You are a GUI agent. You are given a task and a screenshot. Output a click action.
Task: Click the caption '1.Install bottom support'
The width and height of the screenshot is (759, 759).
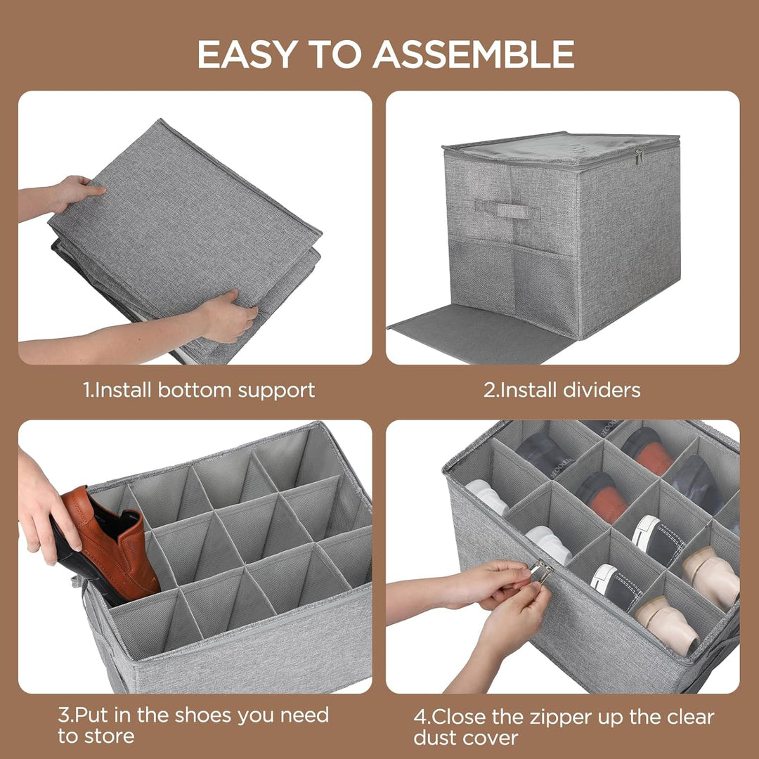(x=199, y=390)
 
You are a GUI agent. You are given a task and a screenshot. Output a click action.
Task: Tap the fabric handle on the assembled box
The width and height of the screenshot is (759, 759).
(x=507, y=209)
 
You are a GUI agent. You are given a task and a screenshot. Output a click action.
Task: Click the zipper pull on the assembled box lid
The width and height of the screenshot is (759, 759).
(x=640, y=157)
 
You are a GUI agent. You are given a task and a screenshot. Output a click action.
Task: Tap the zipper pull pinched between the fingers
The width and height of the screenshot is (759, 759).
(x=541, y=571)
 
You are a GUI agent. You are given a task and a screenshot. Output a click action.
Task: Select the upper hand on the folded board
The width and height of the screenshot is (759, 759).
(x=63, y=196)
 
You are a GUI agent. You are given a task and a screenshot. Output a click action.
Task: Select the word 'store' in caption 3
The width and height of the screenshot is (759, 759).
(x=110, y=737)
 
